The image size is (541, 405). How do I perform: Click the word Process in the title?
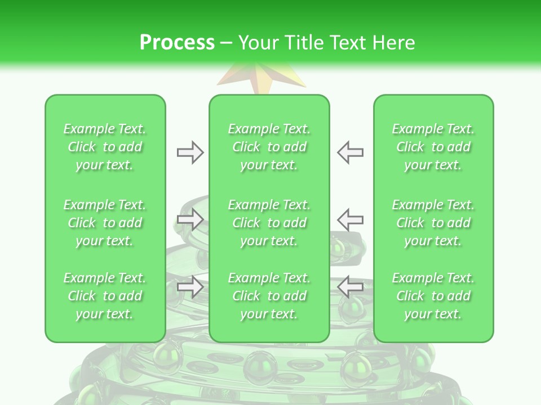(177, 43)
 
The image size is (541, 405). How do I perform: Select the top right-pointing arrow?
(190, 152)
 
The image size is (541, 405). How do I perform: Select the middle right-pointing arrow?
(190, 219)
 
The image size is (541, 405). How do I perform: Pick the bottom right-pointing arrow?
(190, 286)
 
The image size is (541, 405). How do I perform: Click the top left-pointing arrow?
(351, 152)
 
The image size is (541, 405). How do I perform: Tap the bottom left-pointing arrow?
(351, 286)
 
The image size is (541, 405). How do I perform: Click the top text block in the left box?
(105, 147)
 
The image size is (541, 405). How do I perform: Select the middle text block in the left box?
(105, 223)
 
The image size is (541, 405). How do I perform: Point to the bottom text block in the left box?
(105, 296)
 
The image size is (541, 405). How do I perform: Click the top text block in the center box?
(269, 147)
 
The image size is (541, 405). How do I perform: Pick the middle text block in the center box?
(269, 223)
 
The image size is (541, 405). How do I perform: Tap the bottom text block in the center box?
(269, 296)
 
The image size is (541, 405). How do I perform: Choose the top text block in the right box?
(433, 147)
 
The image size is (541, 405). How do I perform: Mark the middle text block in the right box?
(433, 223)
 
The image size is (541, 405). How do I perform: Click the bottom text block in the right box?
(433, 296)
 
